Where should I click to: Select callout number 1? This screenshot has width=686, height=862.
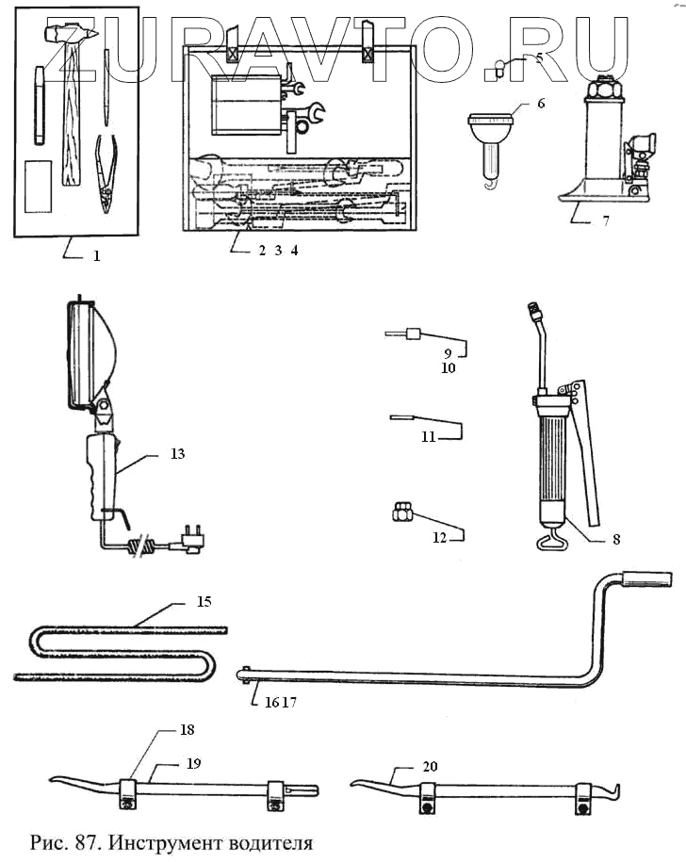coord(95,254)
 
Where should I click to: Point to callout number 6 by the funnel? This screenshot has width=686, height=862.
coord(540,104)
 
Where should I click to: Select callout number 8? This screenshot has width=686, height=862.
coord(615,540)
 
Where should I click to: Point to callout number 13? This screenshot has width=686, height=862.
coord(177,454)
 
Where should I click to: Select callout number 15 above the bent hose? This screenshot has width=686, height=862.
coord(204,600)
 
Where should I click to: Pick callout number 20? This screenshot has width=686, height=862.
coord(430,767)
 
